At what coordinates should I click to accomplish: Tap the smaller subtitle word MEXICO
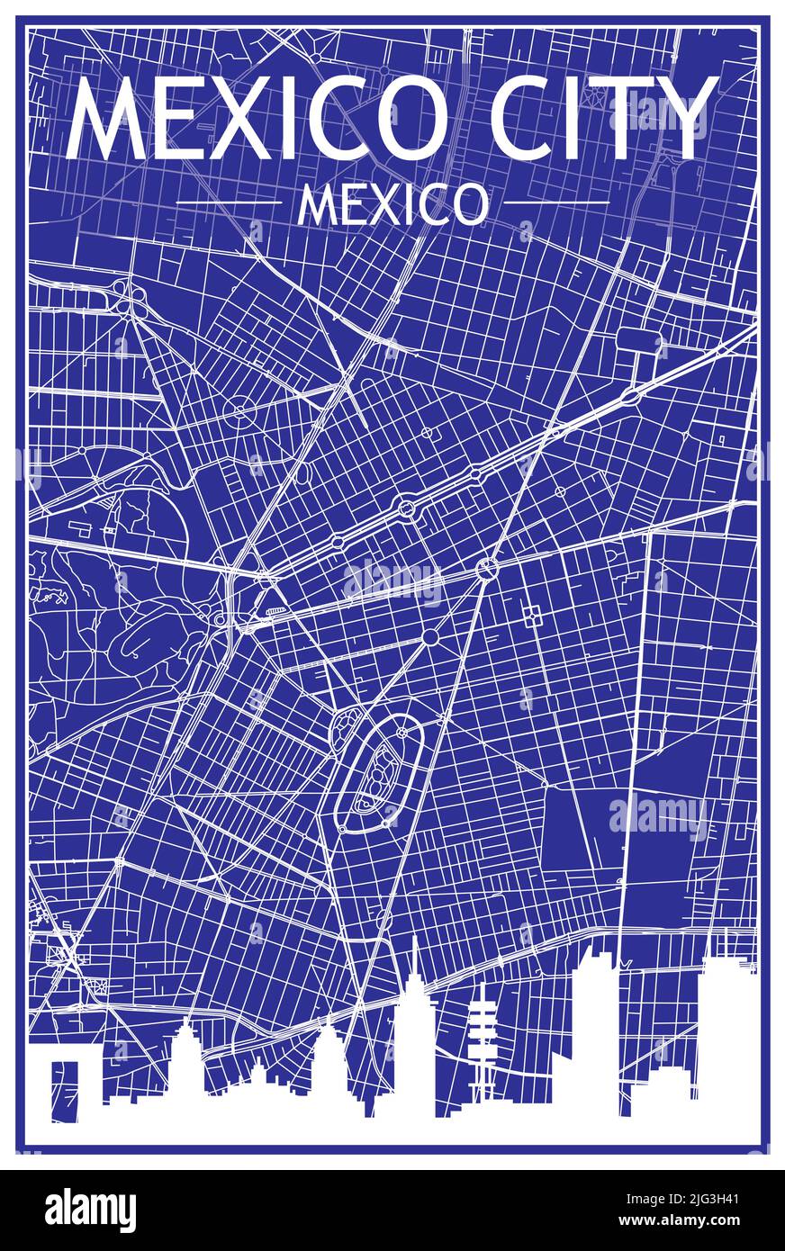pyautogui.click(x=392, y=205)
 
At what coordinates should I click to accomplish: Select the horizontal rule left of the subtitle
pyautogui.click(x=230, y=203)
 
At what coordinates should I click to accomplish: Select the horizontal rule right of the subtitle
pyautogui.click(x=555, y=203)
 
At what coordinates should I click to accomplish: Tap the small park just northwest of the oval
pyautogui.click(x=347, y=722)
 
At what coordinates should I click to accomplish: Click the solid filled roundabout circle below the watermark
pyautogui.click(x=430, y=637)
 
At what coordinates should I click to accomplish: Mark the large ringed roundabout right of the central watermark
pyautogui.click(x=487, y=568)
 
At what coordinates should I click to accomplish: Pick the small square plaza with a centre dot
pyautogui.click(x=530, y=615)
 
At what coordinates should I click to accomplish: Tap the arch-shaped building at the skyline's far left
pyautogui.click(x=65, y=1084)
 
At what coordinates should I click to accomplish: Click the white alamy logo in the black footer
pyautogui.click(x=90, y=1210)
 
